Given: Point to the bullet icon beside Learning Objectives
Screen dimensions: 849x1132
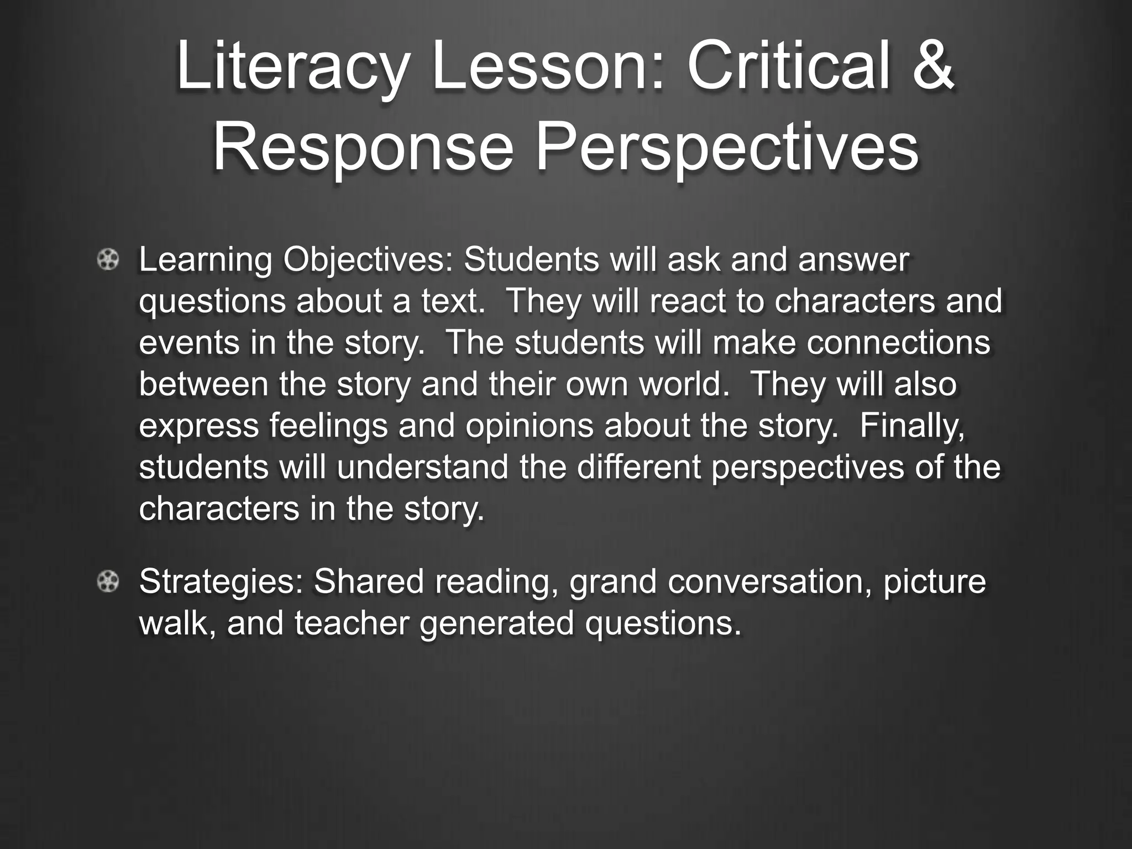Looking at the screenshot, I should (x=108, y=260).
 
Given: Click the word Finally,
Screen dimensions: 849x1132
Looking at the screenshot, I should (x=913, y=425).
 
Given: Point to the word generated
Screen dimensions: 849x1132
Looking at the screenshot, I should (x=497, y=623).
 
